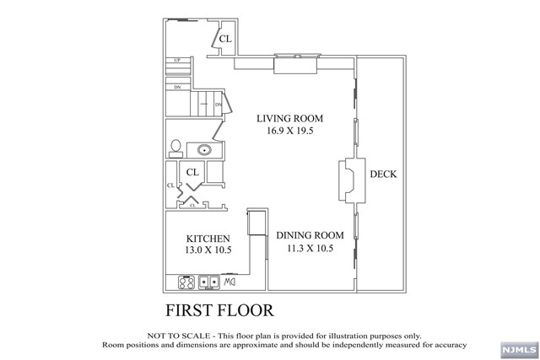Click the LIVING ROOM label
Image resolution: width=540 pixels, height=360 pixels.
290,119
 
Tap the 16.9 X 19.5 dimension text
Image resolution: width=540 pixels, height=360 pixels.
290,132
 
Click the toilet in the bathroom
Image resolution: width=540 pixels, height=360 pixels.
175,148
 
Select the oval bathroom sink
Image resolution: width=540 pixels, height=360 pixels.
204,150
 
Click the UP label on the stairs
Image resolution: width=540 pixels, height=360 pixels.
177,61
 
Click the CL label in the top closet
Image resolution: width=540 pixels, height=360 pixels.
225,40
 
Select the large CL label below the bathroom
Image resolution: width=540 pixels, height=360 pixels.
192,172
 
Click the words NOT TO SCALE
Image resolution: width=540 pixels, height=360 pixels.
174,335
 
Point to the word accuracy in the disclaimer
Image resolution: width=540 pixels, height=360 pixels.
449,345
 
